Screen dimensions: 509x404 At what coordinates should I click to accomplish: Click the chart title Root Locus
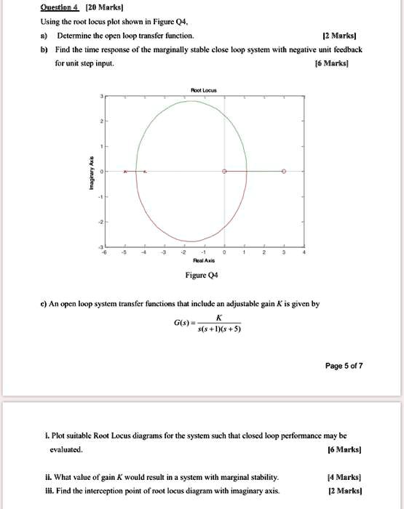click(203, 90)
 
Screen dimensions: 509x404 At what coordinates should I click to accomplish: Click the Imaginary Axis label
click(91, 172)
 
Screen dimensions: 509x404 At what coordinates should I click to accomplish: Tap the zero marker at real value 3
click(284, 172)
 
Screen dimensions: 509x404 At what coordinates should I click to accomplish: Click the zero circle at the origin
click(224, 172)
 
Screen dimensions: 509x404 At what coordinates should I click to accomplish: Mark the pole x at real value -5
click(125, 172)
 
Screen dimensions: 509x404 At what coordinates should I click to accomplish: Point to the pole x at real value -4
click(145, 172)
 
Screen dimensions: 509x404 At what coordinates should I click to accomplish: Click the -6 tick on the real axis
click(106, 252)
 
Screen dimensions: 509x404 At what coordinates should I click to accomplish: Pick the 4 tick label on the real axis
click(304, 252)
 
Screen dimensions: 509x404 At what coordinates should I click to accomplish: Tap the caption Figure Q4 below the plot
click(203, 276)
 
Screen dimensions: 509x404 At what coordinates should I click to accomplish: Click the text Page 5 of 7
click(344, 365)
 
